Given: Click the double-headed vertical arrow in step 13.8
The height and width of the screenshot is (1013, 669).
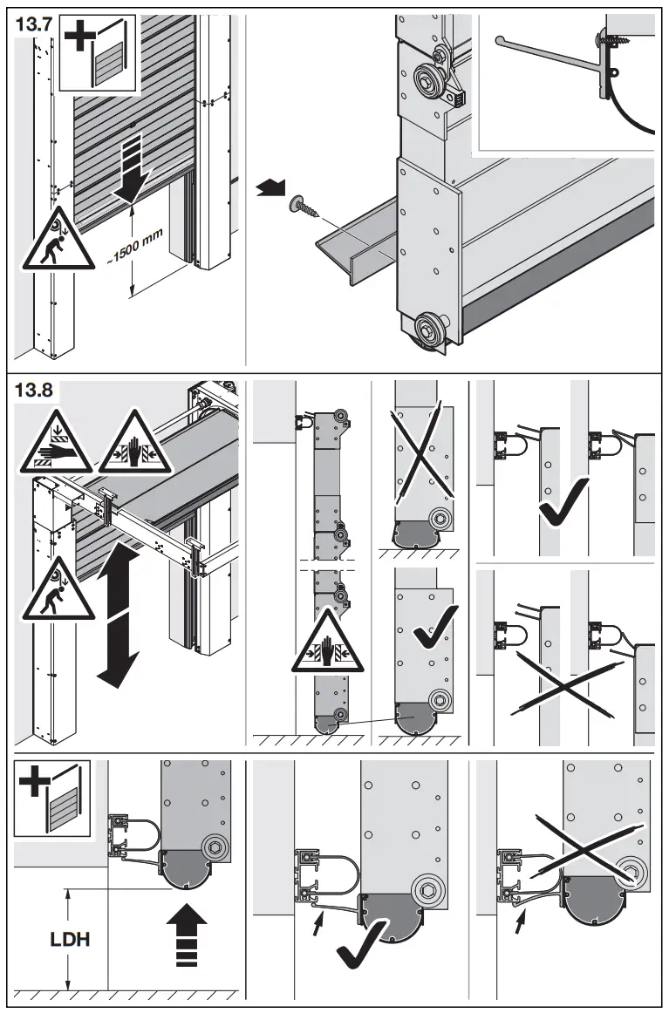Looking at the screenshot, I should [116, 615].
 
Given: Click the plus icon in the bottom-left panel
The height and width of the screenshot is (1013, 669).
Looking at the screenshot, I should [32, 779].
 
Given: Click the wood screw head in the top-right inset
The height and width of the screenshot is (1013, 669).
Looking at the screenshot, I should [603, 39].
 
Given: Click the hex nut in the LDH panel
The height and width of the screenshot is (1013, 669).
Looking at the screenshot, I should [214, 846].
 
